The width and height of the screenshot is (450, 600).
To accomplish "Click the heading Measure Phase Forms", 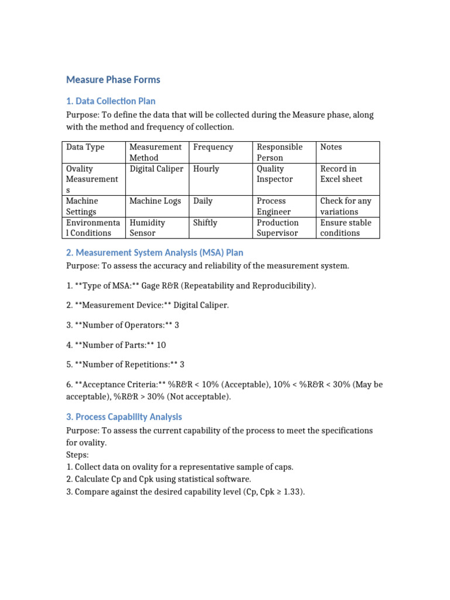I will click(x=113, y=80).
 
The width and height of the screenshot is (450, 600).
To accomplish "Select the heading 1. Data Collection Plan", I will click(x=111, y=101).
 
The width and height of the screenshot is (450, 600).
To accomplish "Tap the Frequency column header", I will click(x=213, y=147).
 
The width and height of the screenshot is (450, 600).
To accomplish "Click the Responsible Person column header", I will click(x=279, y=152).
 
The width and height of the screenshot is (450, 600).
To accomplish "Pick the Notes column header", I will click(x=331, y=147).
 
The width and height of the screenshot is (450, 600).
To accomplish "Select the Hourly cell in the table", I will click(x=206, y=169).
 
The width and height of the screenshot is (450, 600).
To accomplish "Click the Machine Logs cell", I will click(x=155, y=201).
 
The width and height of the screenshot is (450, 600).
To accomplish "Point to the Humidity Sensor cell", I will click(x=148, y=228).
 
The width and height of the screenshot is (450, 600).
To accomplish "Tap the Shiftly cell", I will click(x=205, y=223).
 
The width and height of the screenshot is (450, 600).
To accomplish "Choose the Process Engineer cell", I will click(x=274, y=206).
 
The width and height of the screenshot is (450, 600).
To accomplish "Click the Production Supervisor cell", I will click(x=278, y=228).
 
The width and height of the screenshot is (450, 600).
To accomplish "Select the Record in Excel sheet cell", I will click(x=341, y=174).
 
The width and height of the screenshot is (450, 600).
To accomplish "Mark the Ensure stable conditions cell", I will click(x=346, y=228).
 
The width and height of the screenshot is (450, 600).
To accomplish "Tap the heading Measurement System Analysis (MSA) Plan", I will click(x=155, y=253).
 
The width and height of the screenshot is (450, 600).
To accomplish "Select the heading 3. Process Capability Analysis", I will click(x=124, y=417).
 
